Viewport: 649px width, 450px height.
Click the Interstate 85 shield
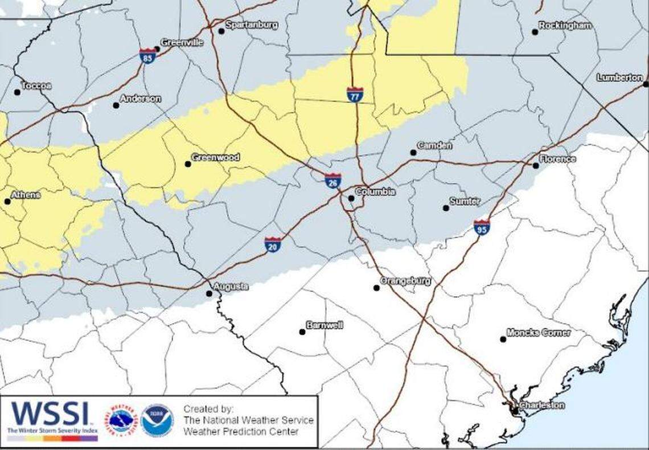tap(147, 56)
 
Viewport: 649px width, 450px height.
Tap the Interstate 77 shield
tap(355, 95)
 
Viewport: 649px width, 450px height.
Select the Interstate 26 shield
tap(333, 181)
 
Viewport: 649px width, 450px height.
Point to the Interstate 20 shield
tap(273, 245)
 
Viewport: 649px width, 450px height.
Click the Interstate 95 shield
tap(481, 227)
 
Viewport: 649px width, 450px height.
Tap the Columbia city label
tap(375, 192)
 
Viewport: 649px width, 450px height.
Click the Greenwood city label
tap(215, 157)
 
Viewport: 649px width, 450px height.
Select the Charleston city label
tap(542, 406)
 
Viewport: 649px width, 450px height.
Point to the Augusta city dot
tap(209, 294)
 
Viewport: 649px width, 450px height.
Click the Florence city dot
tap(535, 166)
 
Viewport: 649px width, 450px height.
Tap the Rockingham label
tap(565, 26)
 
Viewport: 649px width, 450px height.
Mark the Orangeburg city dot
tap(376, 288)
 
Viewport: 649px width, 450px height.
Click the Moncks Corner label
tap(538, 332)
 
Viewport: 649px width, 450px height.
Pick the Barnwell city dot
tap(302, 332)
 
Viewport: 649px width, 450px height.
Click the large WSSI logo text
tap(50, 414)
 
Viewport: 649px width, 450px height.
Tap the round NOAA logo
tap(157, 420)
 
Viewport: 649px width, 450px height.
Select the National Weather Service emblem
tap(122, 420)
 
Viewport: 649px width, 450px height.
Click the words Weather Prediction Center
tap(241, 432)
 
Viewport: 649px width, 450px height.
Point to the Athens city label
tap(26, 195)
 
